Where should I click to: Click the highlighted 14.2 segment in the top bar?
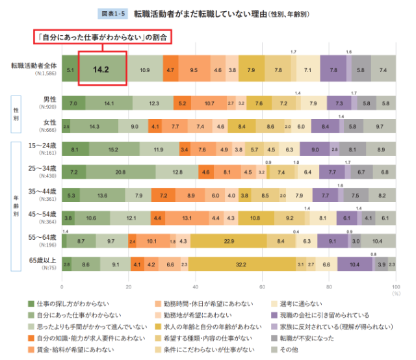[100, 68]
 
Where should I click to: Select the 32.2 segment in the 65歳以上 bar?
[240, 264]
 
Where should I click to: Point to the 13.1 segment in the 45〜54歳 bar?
[187, 218]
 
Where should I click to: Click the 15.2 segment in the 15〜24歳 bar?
[113, 149]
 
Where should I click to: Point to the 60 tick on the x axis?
[263, 286]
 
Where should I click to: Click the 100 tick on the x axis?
[395, 286]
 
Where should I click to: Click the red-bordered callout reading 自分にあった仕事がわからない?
[101, 38]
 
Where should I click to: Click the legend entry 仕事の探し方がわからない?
[68, 303]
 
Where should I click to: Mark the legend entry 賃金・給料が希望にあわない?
[72, 350]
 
